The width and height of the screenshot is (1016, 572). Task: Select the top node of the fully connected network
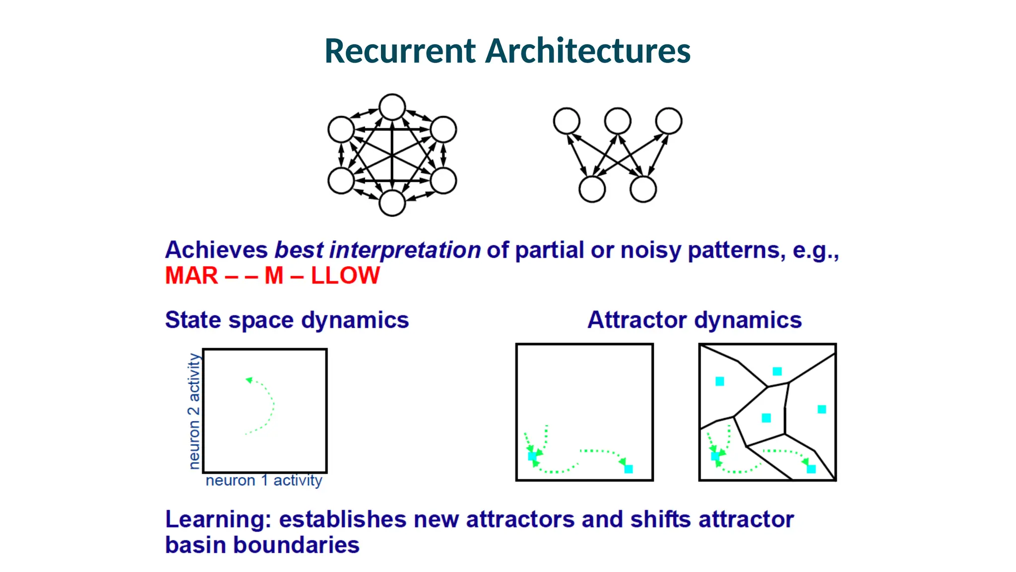click(392, 107)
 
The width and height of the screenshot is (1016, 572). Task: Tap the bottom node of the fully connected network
click(392, 203)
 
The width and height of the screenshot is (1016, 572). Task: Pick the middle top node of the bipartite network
click(617, 121)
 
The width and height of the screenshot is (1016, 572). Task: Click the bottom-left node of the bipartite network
click(592, 189)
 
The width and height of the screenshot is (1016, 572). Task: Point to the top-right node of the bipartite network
click(668, 121)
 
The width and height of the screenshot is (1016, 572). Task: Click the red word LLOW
click(345, 276)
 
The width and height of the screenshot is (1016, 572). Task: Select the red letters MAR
click(191, 276)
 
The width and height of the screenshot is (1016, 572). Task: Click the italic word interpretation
click(404, 250)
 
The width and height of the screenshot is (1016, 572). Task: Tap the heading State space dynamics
click(287, 320)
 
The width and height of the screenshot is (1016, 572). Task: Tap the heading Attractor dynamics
click(694, 320)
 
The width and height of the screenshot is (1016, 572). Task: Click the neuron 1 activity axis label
click(263, 481)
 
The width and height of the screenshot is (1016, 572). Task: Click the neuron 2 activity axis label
click(194, 411)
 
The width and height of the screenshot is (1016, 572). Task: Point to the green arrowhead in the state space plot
click(249, 380)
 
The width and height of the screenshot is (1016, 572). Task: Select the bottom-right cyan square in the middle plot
click(628, 469)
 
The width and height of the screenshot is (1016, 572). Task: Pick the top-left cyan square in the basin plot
click(719, 381)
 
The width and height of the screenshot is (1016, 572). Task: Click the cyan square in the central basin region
click(766, 418)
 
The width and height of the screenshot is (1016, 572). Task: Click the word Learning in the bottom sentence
click(218, 520)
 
